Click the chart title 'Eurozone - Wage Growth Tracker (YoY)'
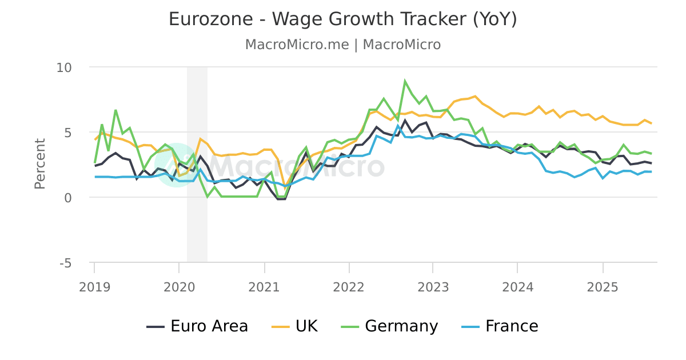click(x=343, y=19)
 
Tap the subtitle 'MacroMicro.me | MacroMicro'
click(x=343, y=45)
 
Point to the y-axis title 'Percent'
click(x=40, y=163)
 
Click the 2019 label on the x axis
click(x=94, y=287)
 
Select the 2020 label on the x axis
click(x=178, y=287)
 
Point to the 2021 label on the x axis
click(x=264, y=287)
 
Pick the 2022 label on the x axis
click(x=348, y=287)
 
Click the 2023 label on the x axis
click(x=433, y=287)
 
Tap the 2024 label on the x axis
click(x=517, y=287)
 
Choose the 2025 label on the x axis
click(x=603, y=287)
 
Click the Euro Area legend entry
click(x=198, y=326)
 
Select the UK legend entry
click(x=294, y=326)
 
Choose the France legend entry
click(x=500, y=326)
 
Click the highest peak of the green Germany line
click(x=405, y=81)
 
